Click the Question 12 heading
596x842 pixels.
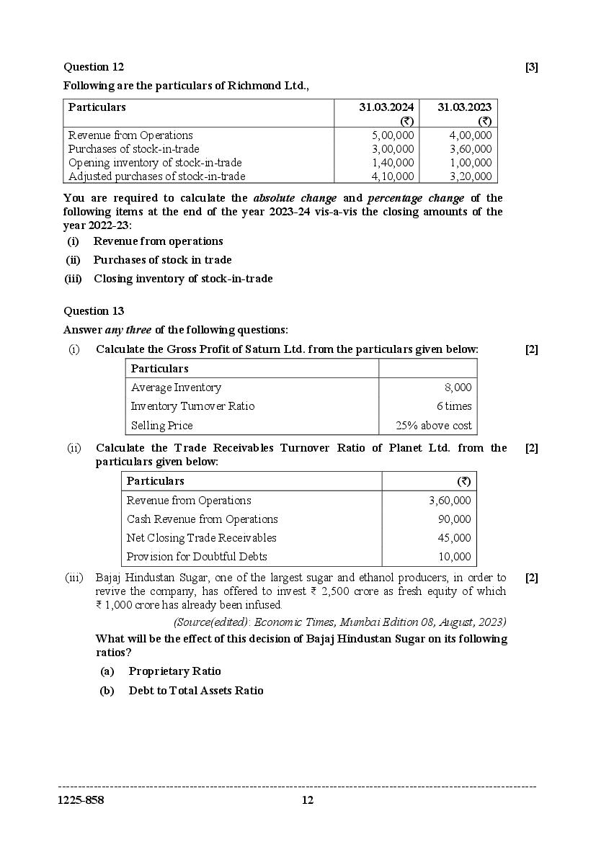coord(94,67)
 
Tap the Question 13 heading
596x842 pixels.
coord(94,311)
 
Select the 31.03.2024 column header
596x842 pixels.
coord(386,107)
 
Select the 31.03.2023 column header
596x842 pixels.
coord(464,107)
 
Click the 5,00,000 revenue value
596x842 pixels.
coord(393,135)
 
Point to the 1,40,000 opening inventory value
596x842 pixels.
coord(393,163)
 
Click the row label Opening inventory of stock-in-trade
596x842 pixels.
coord(154,163)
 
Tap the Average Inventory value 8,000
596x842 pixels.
coord(458,388)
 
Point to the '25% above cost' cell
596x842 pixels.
coord(434,426)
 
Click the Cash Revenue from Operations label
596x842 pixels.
coord(202,519)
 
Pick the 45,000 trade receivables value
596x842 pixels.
coord(455,538)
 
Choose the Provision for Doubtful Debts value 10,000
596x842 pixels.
coord(455,557)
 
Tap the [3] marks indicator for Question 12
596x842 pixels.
coord(531,68)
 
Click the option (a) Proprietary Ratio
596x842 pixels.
coord(174,671)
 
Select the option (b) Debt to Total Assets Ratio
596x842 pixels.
coord(195,691)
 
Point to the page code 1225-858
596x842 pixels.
coord(81,800)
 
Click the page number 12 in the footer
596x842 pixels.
coord(308,800)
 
